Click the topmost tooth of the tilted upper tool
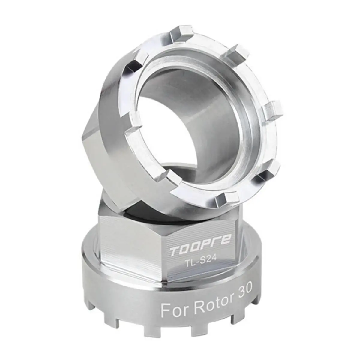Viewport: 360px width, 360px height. [x=181, y=32]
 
